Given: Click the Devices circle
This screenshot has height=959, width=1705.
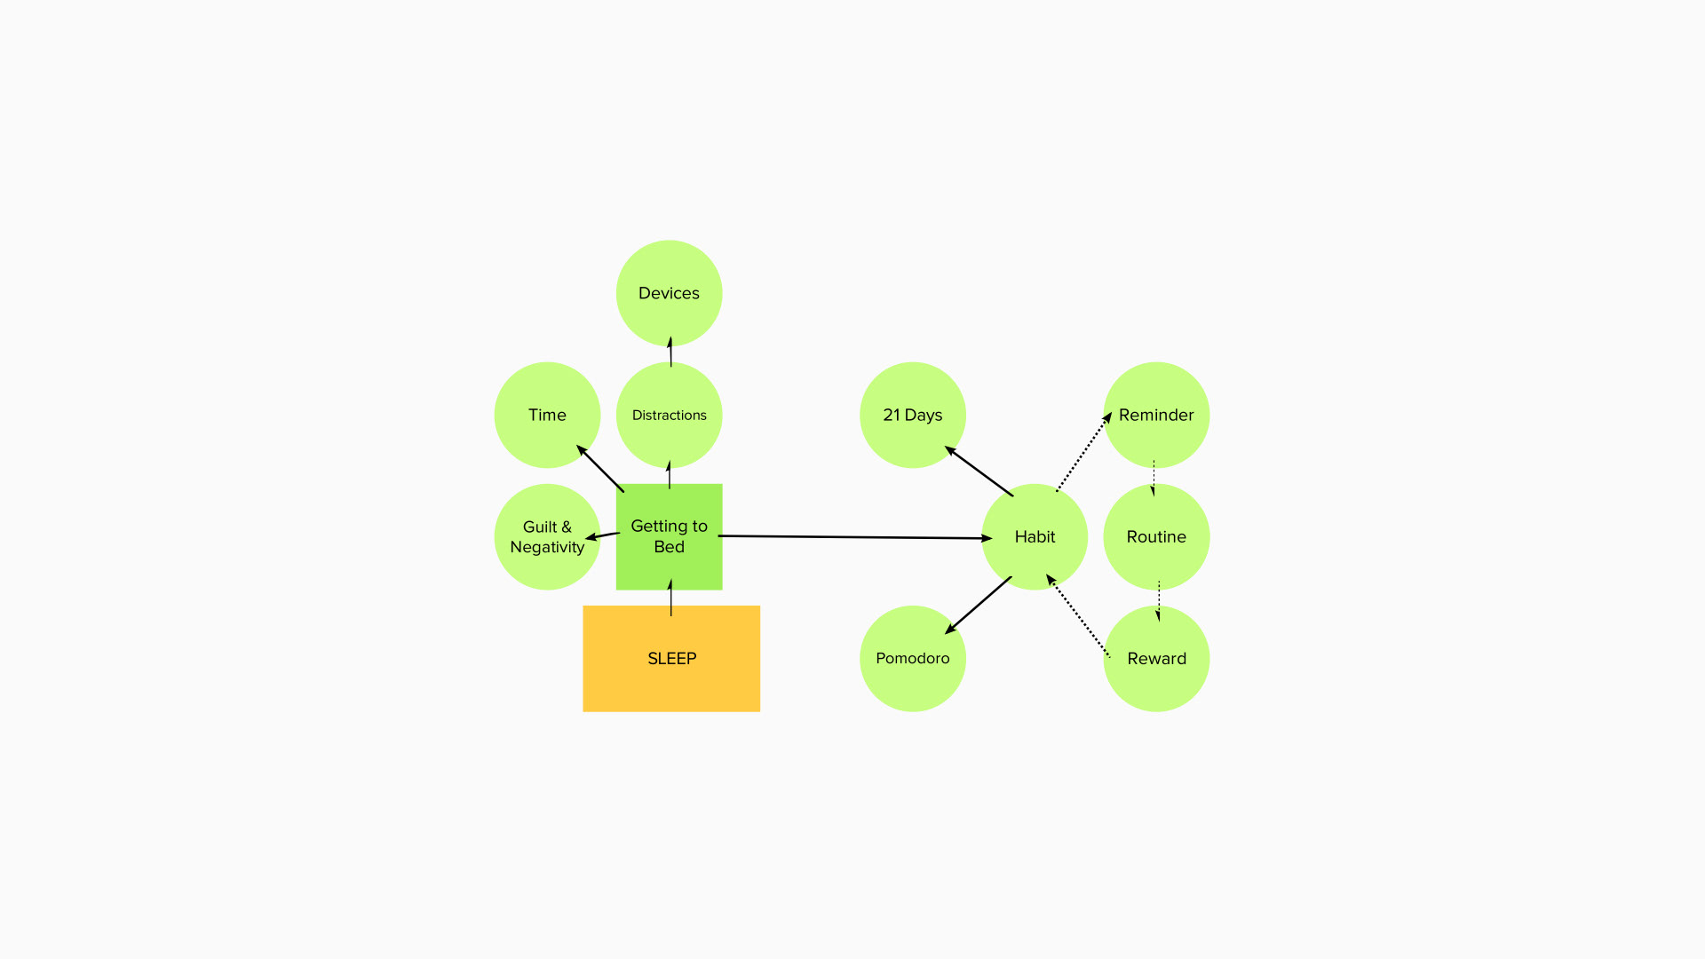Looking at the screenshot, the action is (669, 293).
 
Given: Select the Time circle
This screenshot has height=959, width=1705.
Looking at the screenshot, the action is (547, 415).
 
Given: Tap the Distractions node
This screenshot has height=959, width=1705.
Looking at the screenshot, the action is (669, 415).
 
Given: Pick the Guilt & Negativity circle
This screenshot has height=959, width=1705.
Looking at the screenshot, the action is (547, 536).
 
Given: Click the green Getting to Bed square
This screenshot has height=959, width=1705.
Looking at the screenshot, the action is (669, 536).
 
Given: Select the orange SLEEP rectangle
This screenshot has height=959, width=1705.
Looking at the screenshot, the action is (671, 658).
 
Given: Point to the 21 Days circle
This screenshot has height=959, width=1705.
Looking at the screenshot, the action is (913, 415).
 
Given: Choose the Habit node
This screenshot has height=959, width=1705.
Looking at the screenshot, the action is (1035, 536).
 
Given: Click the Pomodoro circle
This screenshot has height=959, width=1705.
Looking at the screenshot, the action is (913, 658).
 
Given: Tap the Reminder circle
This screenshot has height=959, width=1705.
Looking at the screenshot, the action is (1156, 415).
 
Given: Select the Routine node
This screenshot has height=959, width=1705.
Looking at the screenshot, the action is (1156, 536).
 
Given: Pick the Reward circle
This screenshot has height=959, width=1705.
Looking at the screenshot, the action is (1156, 658).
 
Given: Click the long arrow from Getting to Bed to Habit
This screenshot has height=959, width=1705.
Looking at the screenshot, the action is (855, 537).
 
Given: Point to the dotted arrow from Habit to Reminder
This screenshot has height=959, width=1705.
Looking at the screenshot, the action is (1083, 451).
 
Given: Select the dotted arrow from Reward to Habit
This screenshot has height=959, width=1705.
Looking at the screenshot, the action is (1078, 615).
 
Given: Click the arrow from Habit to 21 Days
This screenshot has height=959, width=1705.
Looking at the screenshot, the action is (979, 471).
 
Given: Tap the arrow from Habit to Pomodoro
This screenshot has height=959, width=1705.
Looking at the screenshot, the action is (979, 606).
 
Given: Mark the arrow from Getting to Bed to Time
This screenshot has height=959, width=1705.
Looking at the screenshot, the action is (600, 468).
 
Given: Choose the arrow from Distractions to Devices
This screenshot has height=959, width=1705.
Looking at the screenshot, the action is (670, 352).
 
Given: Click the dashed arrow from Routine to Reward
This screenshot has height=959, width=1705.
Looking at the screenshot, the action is (1158, 601).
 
